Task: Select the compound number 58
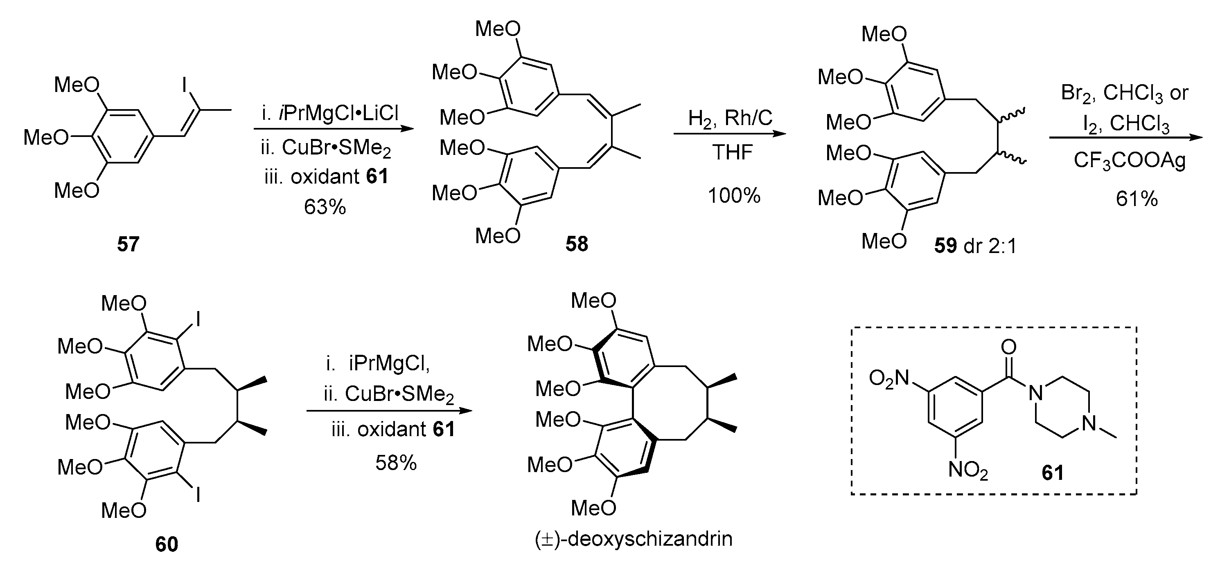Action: tap(576, 244)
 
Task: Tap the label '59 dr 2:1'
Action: tap(975, 246)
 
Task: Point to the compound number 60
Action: tap(167, 544)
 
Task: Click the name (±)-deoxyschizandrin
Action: tap(633, 539)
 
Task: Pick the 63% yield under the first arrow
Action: tap(325, 207)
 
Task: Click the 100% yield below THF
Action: tap(734, 195)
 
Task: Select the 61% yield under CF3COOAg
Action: tap(1136, 199)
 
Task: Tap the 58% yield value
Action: tap(396, 463)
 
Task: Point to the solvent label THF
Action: tap(732, 152)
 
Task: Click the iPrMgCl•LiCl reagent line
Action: tap(330, 114)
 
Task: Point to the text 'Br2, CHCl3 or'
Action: tap(1124, 93)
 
